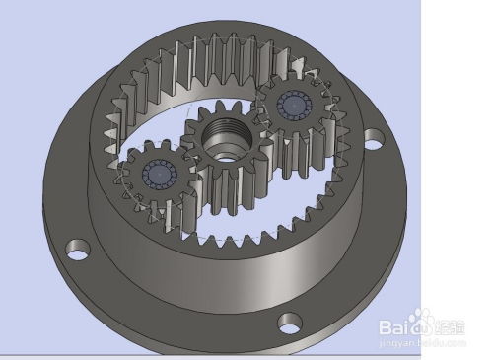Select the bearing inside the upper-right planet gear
[294, 107]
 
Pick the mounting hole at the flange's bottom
[289, 321]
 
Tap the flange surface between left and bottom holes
[158, 301]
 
